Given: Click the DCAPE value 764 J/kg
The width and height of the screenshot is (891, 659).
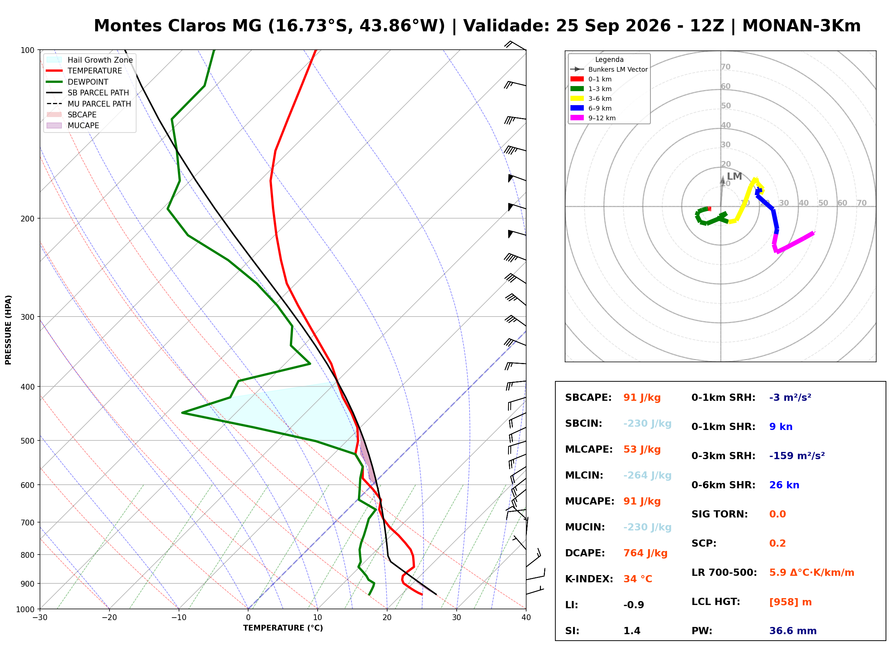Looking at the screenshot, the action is pyautogui.click(x=645, y=553).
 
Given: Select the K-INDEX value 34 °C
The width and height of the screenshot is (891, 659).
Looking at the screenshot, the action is pyautogui.click(x=638, y=579).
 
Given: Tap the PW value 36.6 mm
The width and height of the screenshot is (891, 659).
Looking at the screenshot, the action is pyautogui.click(x=793, y=631).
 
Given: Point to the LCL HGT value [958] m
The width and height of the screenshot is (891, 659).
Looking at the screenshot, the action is pyautogui.click(x=791, y=602).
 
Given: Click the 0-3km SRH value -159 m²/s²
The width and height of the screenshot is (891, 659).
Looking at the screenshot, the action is pyautogui.click(x=797, y=456).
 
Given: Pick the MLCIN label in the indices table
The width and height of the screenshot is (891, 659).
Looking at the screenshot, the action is pyautogui.click(x=584, y=475).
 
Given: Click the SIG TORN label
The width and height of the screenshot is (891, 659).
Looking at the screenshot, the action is pyautogui.click(x=720, y=514).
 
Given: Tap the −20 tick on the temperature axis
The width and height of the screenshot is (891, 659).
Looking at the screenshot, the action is pyautogui.click(x=109, y=618).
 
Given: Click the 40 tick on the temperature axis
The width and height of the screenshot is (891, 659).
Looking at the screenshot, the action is pyautogui.click(x=526, y=618).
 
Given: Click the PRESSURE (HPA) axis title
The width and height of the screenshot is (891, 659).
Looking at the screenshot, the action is pyautogui.click(x=8, y=330).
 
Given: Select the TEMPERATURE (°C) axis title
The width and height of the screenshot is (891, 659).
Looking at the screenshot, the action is pyautogui.click(x=283, y=628).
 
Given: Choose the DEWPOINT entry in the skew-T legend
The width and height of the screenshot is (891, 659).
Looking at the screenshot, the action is pyautogui.click(x=88, y=82).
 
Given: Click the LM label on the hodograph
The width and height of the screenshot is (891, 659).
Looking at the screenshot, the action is pyautogui.click(x=734, y=176).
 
